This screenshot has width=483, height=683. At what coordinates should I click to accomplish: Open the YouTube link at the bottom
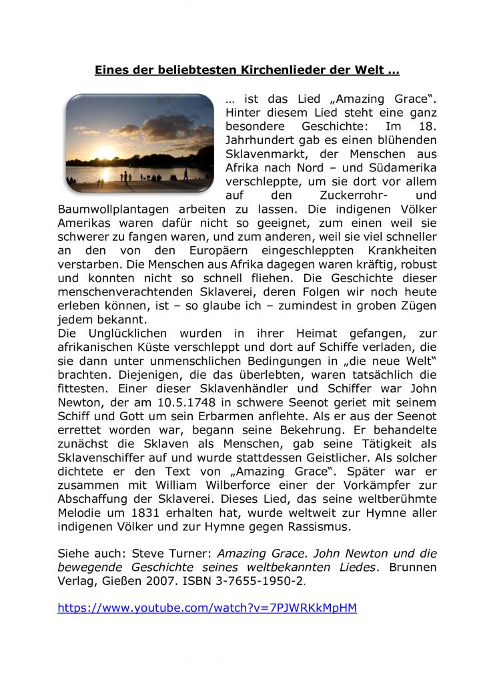point(207,608)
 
